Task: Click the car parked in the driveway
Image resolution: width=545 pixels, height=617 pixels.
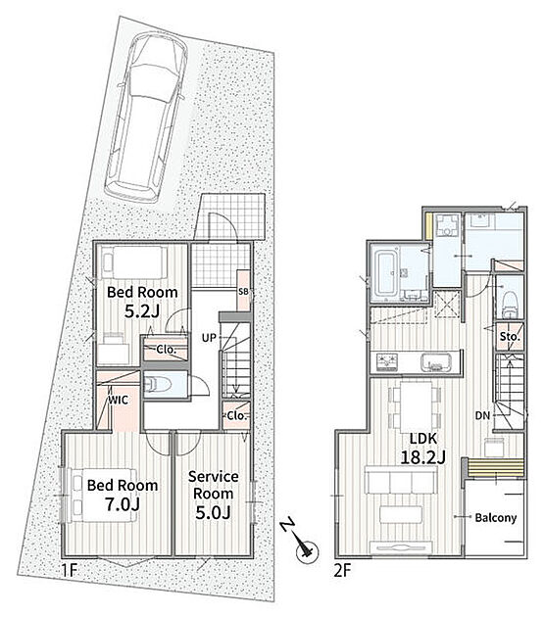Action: tap(146, 117)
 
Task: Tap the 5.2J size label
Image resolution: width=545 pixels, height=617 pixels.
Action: tap(142, 311)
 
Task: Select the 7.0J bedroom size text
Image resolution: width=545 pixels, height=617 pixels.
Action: tap(123, 504)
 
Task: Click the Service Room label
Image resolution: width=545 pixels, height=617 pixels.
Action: tap(213, 485)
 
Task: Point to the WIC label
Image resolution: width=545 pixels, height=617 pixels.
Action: tap(119, 401)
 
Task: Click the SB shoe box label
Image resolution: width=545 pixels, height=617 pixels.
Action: tap(243, 292)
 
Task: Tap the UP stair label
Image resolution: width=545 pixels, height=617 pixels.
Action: tap(209, 338)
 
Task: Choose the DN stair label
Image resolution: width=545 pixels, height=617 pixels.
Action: tap(482, 415)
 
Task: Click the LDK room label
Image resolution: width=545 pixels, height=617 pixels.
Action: tap(422, 439)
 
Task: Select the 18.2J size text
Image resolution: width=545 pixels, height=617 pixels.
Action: tap(422, 457)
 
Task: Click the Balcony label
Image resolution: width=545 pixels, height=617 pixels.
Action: tap(496, 517)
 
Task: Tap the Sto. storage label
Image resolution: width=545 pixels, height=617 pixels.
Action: tap(510, 337)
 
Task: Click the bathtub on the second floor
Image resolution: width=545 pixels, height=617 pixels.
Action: tap(386, 273)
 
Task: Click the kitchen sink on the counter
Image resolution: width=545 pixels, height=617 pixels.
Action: tap(436, 362)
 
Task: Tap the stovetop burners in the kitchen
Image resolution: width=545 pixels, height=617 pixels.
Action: tap(387, 362)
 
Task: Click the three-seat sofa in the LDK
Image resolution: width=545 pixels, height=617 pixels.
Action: tap(401, 479)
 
